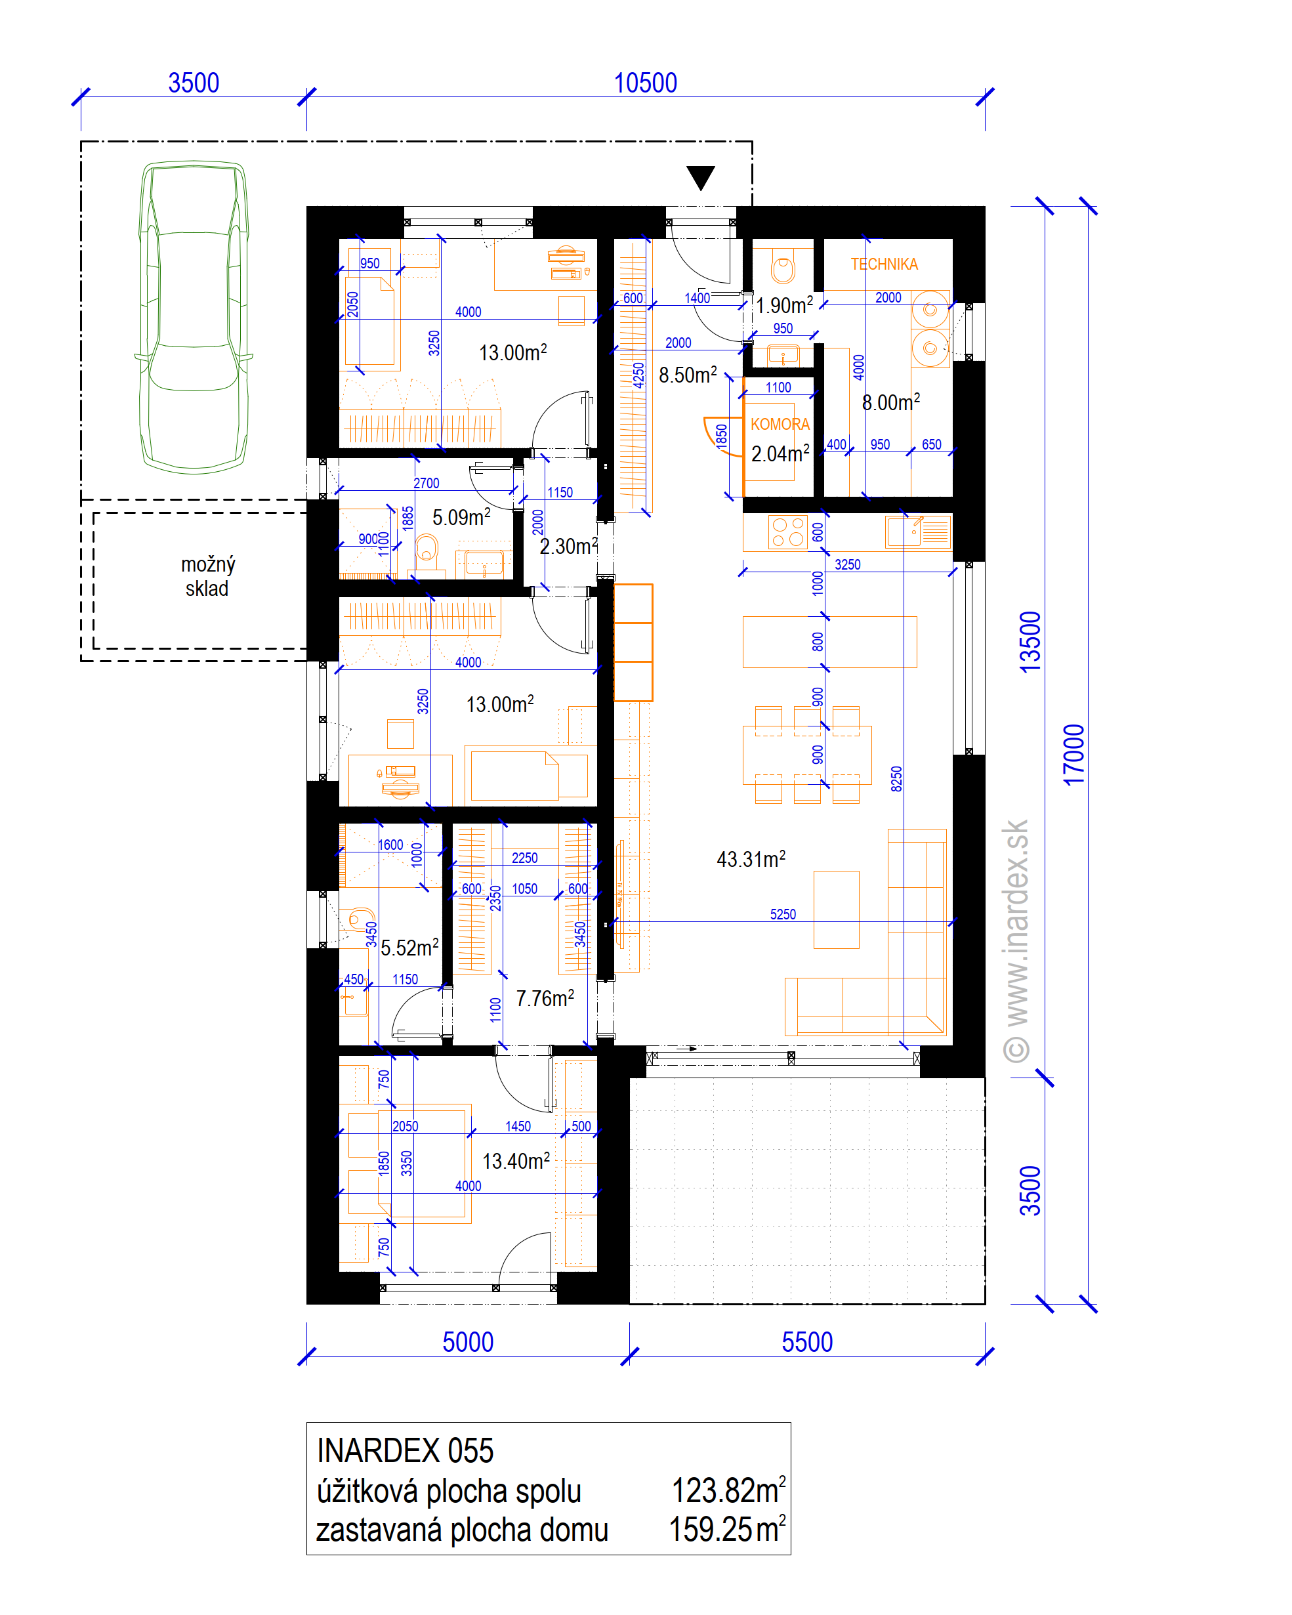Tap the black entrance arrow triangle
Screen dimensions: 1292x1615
click(x=700, y=178)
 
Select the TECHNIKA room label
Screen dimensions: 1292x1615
click(x=884, y=264)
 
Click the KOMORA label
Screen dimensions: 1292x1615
click(x=780, y=424)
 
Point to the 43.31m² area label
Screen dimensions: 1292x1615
click(x=751, y=858)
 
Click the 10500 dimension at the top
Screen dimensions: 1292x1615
click(x=645, y=83)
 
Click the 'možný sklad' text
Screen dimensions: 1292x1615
click(x=207, y=576)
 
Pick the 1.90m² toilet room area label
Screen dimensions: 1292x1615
click(x=783, y=305)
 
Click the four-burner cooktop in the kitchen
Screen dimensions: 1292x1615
click(x=788, y=533)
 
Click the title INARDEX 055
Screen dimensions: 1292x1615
click(x=406, y=1451)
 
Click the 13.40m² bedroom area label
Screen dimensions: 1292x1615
click(x=516, y=1160)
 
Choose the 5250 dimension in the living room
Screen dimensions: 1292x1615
click(x=783, y=914)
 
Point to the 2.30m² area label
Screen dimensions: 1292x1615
click(x=568, y=546)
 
